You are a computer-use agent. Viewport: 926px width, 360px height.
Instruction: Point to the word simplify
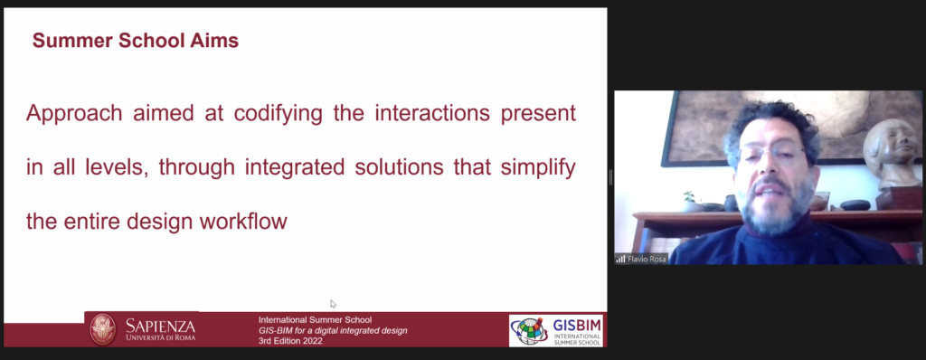(x=538, y=168)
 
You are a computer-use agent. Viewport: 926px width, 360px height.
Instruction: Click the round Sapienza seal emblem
(x=103, y=329)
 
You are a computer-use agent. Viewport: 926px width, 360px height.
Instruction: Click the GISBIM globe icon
(x=530, y=330)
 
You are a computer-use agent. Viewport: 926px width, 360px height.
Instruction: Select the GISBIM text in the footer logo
(x=576, y=326)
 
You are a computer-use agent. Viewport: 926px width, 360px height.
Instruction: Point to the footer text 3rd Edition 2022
(x=290, y=341)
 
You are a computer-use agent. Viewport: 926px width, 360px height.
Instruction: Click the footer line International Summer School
(x=316, y=320)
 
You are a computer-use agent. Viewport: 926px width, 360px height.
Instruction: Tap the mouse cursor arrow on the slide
(x=333, y=304)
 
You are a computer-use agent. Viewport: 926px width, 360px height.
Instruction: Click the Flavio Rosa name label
(x=647, y=259)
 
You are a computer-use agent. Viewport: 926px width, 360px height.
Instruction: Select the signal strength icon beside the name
(x=620, y=259)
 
